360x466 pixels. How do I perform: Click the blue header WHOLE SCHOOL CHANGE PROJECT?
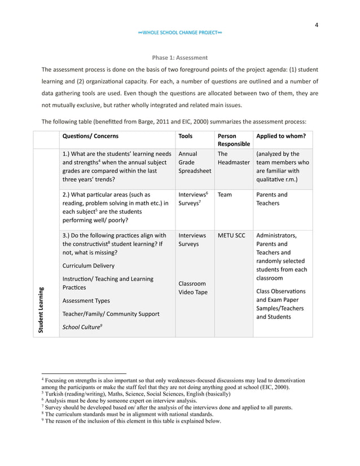(x=180, y=33)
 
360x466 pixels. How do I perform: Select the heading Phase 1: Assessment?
(x=180, y=58)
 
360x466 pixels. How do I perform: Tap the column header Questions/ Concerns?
(x=90, y=136)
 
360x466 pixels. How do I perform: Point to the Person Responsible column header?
(x=233, y=140)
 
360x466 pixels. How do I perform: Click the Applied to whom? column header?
(x=281, y=136)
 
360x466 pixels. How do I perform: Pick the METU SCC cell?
(x=231, y=235)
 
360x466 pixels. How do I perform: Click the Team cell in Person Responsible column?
(x=224, y=195)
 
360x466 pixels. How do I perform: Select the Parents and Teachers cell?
(x=271, y=199)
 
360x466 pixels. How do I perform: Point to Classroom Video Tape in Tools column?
(x=193, y=288)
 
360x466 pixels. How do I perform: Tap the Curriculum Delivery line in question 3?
(x=88, y=266)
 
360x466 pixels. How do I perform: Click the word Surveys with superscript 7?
(x=190, y=203)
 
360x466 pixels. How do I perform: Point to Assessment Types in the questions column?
(x=86, y=301)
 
